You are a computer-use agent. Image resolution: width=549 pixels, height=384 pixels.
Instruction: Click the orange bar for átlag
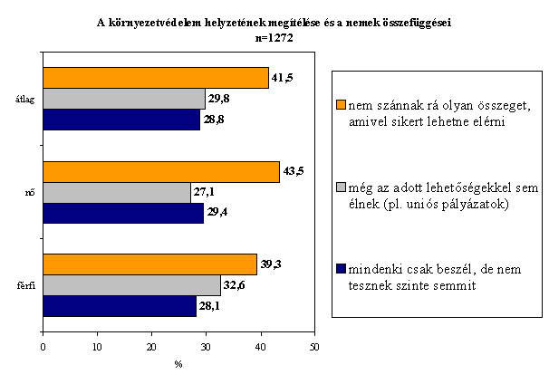click(x=156, y=78)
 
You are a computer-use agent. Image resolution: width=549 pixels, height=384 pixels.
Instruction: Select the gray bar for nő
click(x=117, y=193)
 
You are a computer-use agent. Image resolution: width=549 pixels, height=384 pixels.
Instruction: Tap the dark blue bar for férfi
click(x=120, y=306)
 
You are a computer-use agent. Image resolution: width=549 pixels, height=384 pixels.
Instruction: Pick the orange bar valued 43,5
click(x=161, y=172)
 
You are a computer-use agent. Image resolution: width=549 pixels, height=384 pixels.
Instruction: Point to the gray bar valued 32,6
click(x=132, y=285)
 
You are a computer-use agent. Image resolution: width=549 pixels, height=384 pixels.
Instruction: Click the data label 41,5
click(x=283, y=77)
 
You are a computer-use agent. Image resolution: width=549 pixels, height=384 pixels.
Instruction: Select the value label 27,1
click(x=204, y=192)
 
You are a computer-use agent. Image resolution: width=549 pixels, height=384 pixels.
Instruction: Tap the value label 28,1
click(x=209, y=306)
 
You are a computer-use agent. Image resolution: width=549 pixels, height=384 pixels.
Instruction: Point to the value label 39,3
click(x=271, y=264)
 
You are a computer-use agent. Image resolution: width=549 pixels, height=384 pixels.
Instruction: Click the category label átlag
click(x=24, y=100)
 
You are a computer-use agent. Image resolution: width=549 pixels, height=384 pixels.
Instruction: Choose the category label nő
click(x=30, y=193)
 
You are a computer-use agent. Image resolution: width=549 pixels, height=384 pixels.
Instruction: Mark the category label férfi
click(x=26, y=285)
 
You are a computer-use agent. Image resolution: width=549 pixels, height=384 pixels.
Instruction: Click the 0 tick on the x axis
click(x=43, y=347)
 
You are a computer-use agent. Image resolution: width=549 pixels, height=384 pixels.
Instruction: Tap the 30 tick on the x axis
click(x=206, y=347)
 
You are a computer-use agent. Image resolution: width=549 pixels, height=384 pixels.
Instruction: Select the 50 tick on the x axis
click(x=314, y=347)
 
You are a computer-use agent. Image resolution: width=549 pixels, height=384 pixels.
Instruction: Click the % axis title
click(x=178, y=364)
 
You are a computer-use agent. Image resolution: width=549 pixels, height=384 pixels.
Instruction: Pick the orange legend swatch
click(x=341, y=105)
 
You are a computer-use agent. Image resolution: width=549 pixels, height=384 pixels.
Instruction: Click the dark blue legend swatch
click(x=341, y=268)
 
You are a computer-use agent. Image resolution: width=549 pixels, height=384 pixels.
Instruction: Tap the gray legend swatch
click(x=341, y=187)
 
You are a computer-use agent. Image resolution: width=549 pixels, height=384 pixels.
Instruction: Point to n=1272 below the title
click(x=274, y=38)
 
